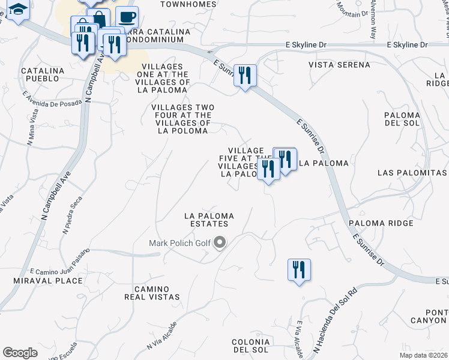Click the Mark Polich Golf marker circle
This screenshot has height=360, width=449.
[220, 243]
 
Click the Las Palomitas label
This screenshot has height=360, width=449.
[412, 172]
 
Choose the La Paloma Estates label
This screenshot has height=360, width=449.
[208, 219]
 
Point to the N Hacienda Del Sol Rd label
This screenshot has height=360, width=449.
[335, 322]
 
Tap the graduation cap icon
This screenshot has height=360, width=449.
[19, 10]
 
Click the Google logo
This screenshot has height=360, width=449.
[20, 353]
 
